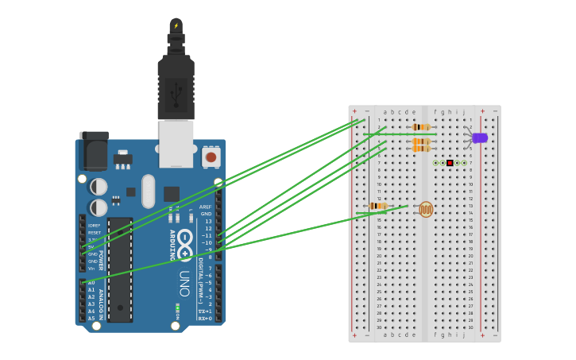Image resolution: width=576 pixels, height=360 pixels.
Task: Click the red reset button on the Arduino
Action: pyautogui.click(x=211, y=157)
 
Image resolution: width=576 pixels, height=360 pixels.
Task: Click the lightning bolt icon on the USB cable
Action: pyautogui.click(x=176, y=25)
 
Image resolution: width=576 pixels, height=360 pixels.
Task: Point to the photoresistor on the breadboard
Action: pyautogui.click(x=427, y=209)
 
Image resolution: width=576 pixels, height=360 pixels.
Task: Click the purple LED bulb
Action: pyautogui.click(x=480, y=137)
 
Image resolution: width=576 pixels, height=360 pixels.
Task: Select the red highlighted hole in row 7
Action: pyautogui.click(x=450, y=163)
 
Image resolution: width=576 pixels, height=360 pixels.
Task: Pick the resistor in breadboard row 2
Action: pyautogui.click(x=421, y=127)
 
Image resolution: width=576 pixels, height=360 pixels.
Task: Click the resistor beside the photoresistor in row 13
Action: pyautogui.click(x=378, y=207)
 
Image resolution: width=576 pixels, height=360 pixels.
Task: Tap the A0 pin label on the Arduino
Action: pyautogui.click(x=91, y=283)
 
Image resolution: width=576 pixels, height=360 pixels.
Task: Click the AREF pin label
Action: pyautogui.click(x=206, y=207)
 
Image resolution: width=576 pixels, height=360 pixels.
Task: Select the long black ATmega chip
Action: pyautogui.click(x=120, y=269)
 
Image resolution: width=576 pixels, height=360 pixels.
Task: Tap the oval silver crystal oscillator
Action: pyautogui.click(x=149, y=191)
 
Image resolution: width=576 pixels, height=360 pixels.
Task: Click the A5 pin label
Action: pyautogui.click(x=91, y=319)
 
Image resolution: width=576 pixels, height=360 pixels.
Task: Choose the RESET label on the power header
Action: pyautogui.click(x=94, y=233)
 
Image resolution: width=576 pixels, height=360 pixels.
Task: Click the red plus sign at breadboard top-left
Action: pyautogui.click(x=354, y=111)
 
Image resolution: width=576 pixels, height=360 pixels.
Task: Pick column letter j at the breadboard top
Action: pyautogui.click(x=463, y=112)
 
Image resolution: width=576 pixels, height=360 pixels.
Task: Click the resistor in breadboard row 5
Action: pyautogui.click(x=421, y=149)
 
